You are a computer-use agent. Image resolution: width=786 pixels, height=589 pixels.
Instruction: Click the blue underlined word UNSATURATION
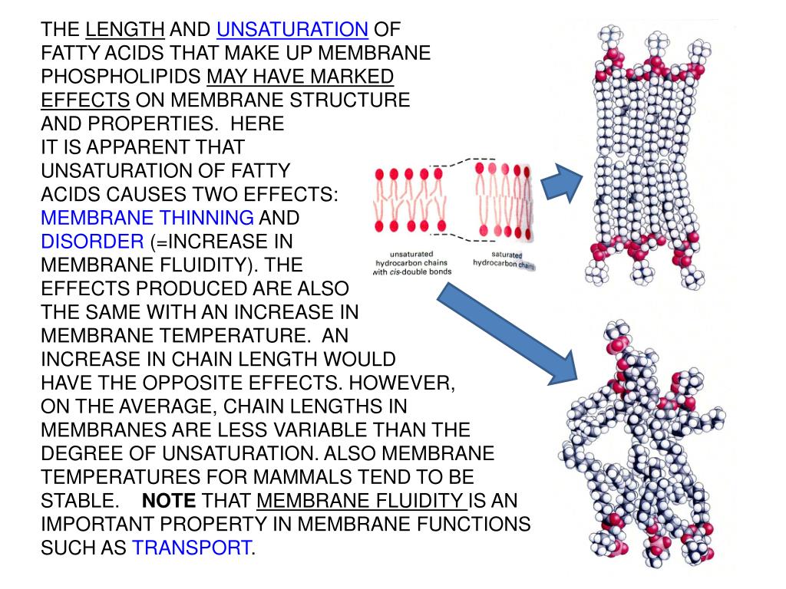coord(292,30)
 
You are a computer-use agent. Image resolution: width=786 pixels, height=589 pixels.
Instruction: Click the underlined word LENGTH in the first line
coord(125,30)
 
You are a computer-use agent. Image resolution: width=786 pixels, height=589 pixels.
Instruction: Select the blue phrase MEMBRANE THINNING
coord(147,218)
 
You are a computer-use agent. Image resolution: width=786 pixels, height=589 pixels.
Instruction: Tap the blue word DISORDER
coord(92,242)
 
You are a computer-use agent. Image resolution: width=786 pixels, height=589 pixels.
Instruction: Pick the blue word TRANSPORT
coord(192,548)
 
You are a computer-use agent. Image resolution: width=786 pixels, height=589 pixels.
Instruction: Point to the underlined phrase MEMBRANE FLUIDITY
coord(362,502)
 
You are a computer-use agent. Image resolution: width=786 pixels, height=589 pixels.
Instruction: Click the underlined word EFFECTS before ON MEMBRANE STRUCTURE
coord(85,100)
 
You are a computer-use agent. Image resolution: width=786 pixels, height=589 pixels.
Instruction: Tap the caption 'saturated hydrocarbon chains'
coord(503,258)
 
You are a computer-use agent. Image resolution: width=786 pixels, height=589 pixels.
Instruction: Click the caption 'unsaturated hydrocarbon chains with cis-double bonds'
coord(411,262)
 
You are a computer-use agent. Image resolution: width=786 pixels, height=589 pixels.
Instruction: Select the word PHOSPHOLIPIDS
coord(121,77)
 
